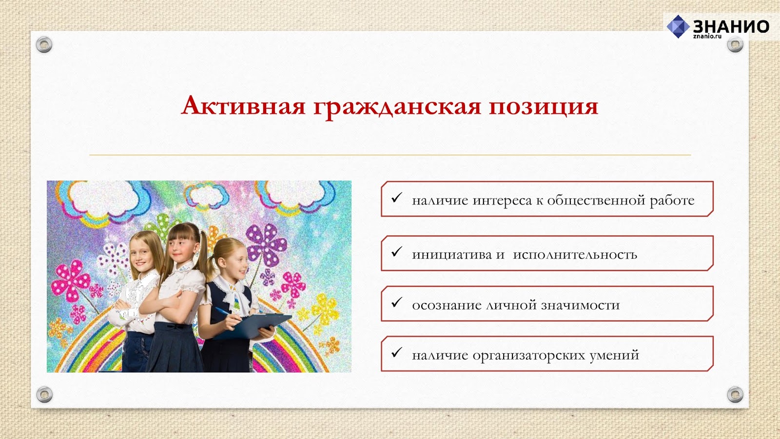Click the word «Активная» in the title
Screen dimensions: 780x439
[243, 106]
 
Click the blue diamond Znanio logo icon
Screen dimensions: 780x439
[678, 26]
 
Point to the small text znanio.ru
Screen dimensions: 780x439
[707, 36]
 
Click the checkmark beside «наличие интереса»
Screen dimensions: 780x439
[397, 198]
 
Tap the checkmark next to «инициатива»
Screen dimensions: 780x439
[397, 252]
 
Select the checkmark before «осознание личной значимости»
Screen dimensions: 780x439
[397, 302]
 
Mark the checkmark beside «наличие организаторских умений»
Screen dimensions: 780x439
[397, 352]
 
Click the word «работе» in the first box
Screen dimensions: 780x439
[672, 201]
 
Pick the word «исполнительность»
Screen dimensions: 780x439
[575, 255]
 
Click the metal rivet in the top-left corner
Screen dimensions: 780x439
[44, 44]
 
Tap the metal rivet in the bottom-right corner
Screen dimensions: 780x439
[735, 395]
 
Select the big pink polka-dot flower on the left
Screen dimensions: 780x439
[71, 280]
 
